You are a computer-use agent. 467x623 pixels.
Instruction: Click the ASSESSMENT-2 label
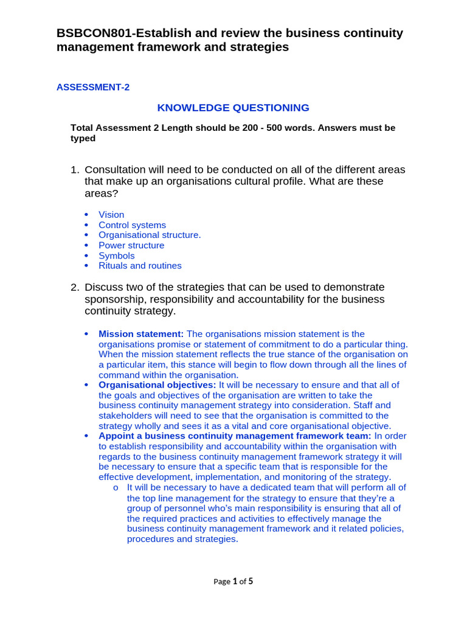click(93, 87)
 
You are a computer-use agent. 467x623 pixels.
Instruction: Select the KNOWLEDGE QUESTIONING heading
click(233, 108)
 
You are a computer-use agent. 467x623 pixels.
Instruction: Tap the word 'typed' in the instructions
click(83, 138)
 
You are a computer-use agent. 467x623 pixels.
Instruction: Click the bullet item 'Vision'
click(111, 215)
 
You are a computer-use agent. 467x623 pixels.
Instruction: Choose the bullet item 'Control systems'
click(132, 225)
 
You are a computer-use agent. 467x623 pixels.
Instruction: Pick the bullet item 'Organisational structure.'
click(150, 235)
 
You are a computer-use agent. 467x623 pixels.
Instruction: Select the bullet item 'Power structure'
click(131, 245)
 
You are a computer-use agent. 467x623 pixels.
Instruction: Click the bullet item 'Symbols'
click(117, 256)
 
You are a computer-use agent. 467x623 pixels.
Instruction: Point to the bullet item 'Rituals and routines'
click(140, 265)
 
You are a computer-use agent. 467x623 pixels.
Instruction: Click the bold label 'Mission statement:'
click(141, 334)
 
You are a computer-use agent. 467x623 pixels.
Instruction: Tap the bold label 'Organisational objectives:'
click(157, 385)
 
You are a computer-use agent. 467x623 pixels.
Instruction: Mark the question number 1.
click(75, 170)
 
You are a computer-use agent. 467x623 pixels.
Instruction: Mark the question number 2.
click(75, 287)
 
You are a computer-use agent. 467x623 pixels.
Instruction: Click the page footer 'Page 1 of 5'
click(233, 581)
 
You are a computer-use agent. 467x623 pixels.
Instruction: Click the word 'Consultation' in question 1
click(116, 170)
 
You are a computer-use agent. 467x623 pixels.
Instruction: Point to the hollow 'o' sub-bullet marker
click(116, 488)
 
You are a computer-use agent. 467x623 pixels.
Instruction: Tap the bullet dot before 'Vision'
click(86, 215)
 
